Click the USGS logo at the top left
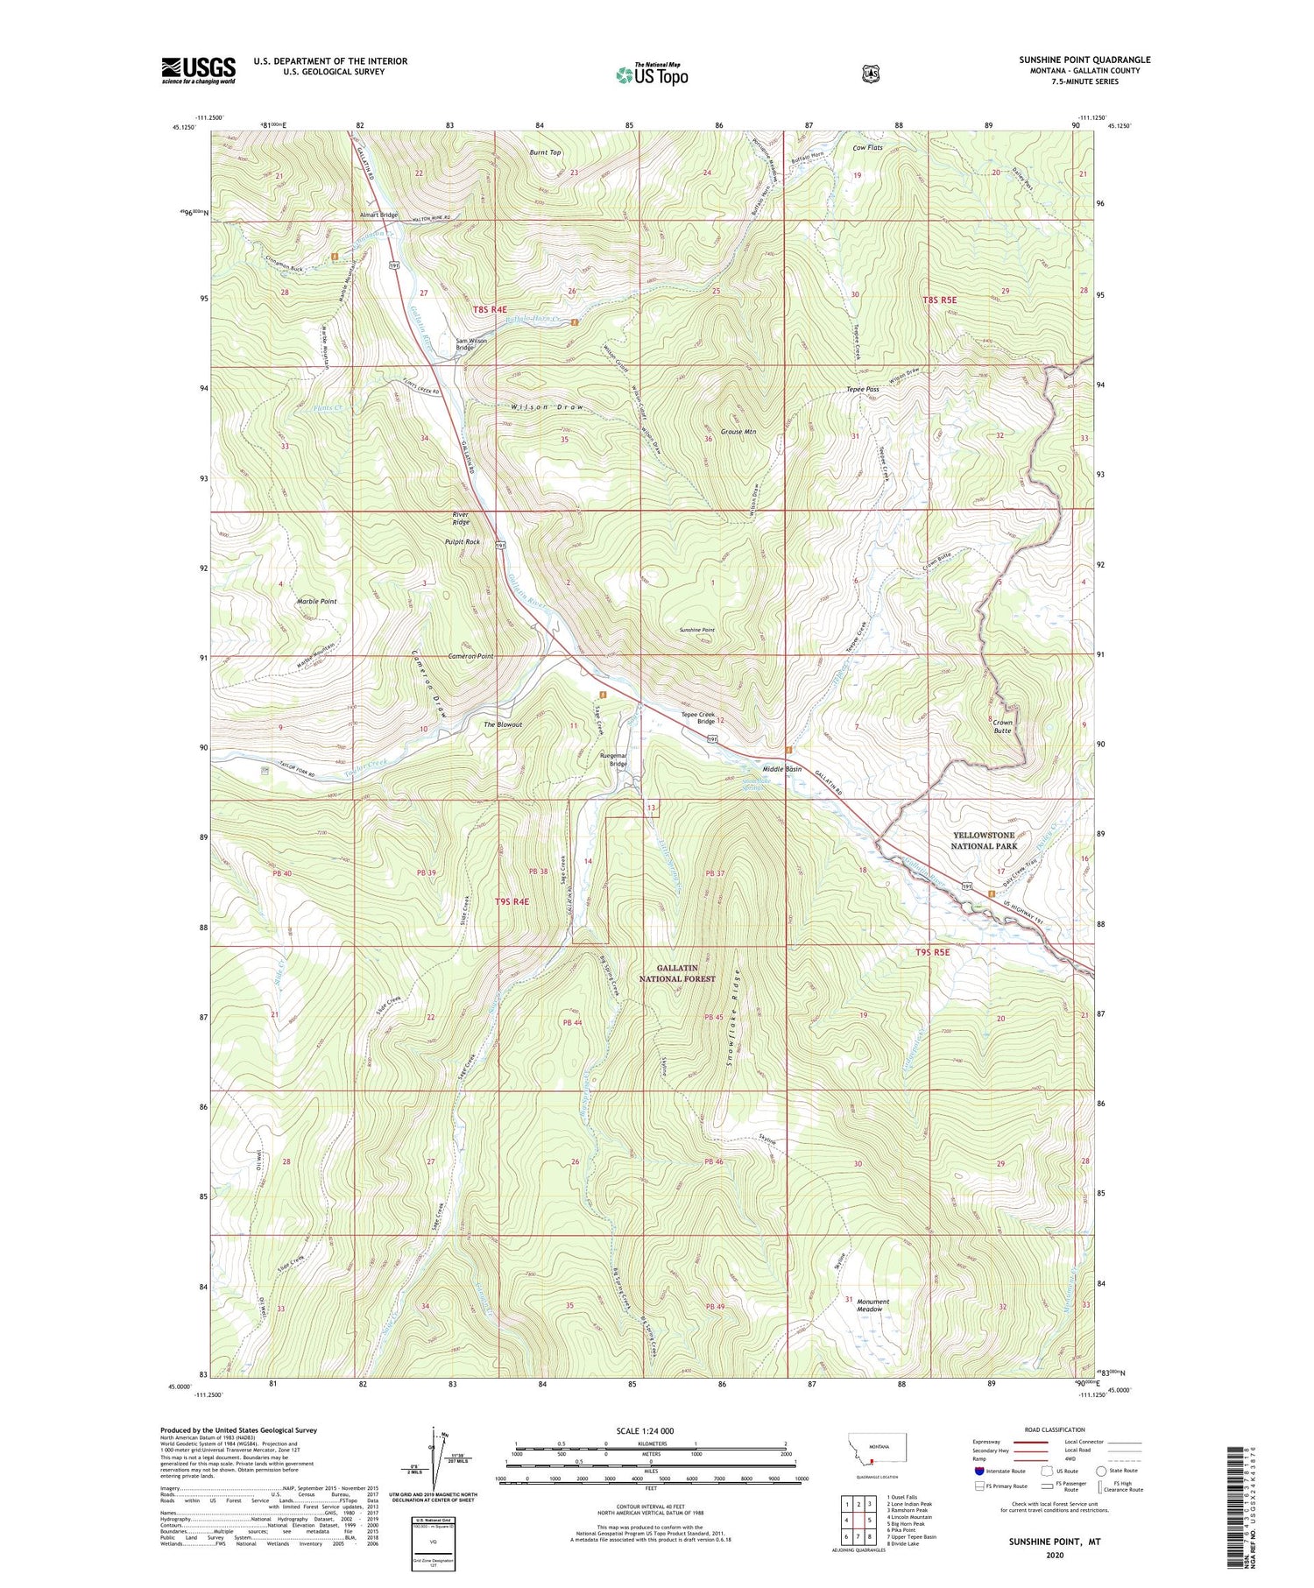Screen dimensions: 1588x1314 [x=198, y=70]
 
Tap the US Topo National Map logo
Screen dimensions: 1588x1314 [x=652, y=74]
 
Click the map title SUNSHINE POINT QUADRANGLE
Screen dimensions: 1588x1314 [x=1084, y=60]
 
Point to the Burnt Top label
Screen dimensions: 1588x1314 [x=545, y=152]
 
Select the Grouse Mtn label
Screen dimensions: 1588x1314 [x=737, y=432]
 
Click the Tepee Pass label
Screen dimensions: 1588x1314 [x=862, y=389]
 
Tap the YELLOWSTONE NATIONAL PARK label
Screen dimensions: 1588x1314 [x=984, y=841]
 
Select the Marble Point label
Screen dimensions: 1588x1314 [x=316, y=602]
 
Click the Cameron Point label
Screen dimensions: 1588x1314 [x=470, y=656]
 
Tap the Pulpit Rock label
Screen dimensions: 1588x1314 [x=463, y=542]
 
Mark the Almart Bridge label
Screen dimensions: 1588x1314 [x=378, y=215]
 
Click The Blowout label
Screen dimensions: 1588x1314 [x=503, y=724]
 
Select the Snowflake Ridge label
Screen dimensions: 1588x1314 [x=737, y=1020]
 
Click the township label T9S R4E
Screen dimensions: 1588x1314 [x=512, y=901]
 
